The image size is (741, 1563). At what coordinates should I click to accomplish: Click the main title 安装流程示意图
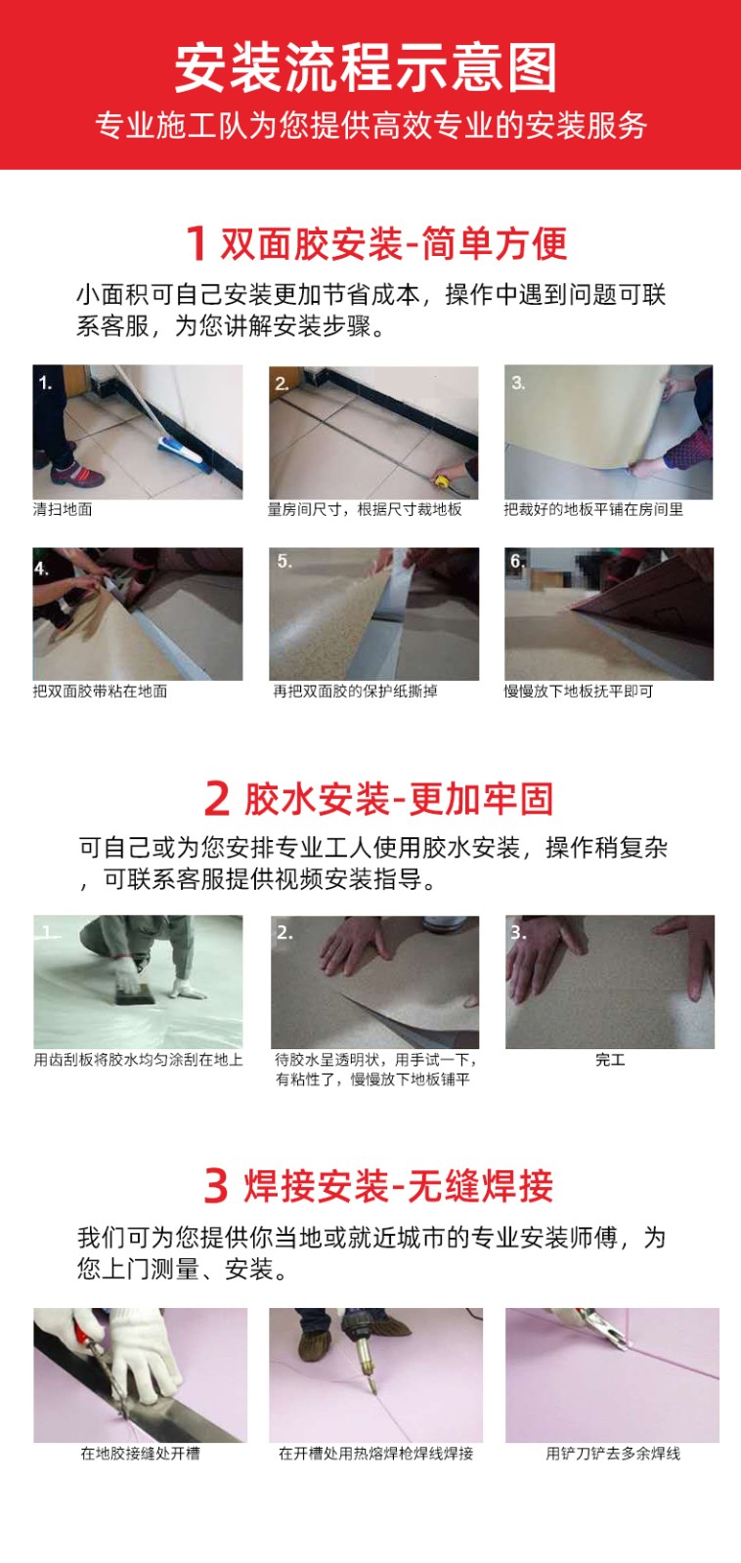tap(366, 67)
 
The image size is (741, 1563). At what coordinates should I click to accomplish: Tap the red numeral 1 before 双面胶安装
tap(196, 243)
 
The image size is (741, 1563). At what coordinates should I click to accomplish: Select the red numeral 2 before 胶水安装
tap(216, 798)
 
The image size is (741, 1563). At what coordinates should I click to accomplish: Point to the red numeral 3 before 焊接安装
tap(216, 1185)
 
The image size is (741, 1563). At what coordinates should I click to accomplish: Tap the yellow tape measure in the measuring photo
tap(444, 481)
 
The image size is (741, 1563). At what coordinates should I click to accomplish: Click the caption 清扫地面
tap(63, 509)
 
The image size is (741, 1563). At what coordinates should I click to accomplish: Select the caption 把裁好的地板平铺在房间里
tap(593, 509)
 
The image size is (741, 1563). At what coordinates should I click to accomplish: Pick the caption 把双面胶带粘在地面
tap(100, 691)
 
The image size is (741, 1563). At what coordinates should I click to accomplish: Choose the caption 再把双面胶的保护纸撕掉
tap(355, 691)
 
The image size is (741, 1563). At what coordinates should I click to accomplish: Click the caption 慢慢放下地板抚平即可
tap(579, 691)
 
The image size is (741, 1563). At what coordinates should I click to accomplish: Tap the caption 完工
tap(610, 1059)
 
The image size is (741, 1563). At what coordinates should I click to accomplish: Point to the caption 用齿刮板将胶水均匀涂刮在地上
tap(138, 1059)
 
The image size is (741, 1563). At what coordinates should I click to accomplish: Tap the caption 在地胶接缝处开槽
tap(140, 1454)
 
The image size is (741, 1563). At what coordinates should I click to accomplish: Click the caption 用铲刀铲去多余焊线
tap(613, 1454)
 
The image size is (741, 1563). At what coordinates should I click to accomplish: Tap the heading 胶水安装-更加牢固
tap(398, 798)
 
